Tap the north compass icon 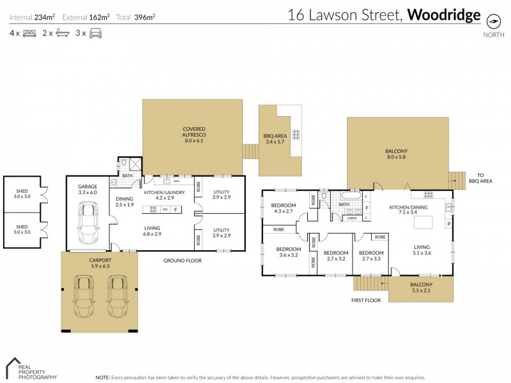tap(493, 20)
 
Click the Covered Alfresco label tap(194, 132)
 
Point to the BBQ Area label tap(277, 139)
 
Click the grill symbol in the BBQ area tap(296, 135)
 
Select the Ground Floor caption tap(182, 260)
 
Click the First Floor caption tap(366, 299)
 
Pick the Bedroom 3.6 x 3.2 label tap(288, 252)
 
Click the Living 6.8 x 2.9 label tap(152, 231)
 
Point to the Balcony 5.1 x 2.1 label tap(422, 288)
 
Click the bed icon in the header tap(29, 33)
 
